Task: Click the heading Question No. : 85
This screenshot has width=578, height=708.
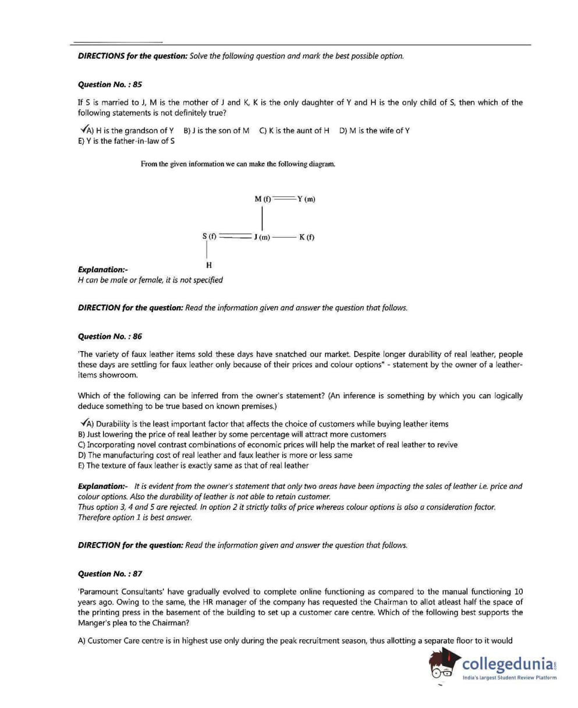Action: (x=109, y=84)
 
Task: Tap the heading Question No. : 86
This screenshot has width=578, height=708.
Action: (x=109, y=336)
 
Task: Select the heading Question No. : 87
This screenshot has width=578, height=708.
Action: (x=109, y=574)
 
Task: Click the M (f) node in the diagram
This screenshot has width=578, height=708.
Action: (x=263, y=199)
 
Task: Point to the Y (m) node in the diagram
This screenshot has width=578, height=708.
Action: (x=306, y=199)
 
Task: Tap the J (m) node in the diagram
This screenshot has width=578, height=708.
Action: (x=262, y=237)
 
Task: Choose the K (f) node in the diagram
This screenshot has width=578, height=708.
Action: (x=307, y=237)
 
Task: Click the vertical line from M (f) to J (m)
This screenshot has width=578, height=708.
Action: (x=263, y=218)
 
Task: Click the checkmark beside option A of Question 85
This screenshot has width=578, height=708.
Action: (x=82, y=129)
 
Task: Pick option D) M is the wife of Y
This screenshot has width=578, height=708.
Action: (x=374, y=130)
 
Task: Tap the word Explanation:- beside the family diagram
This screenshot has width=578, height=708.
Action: (x=102, y=270)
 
